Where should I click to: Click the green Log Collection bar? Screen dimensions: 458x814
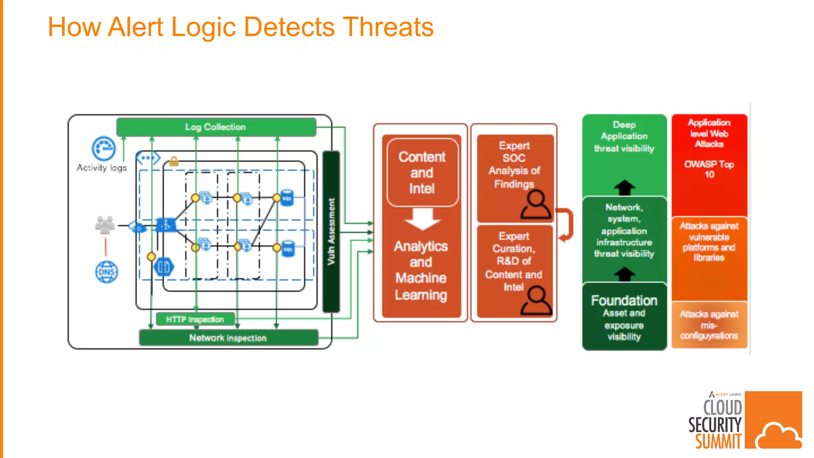(x=216, y=127)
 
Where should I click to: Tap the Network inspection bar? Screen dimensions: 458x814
(x=228, y=338)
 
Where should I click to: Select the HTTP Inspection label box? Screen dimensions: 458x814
(x=195, y=319)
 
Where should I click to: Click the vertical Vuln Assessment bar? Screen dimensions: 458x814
(x=331, y=231)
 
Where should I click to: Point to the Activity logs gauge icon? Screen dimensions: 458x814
(x=104, y=149)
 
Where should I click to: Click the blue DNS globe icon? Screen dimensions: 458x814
(x=107, y=272)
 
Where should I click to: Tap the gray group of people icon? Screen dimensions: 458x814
(x=105, y=225)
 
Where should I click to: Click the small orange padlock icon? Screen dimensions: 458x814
(x=174, y=161)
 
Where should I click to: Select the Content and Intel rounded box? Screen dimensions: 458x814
(x=422, y=173)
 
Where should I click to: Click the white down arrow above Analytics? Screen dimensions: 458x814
(x=423, y=219)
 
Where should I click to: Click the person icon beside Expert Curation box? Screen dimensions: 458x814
(x=536, y=301)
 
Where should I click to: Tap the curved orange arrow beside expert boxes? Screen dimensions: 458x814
(x=566, y=225)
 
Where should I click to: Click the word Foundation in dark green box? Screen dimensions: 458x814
(x=624, y=301)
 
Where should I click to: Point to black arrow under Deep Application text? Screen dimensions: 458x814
(x=624, y=187)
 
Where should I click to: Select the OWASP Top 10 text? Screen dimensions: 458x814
(x=709, y=169)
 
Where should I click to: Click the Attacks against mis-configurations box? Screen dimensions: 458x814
(x=709, y=325)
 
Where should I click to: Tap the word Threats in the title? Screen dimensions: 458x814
(x=388, y=27)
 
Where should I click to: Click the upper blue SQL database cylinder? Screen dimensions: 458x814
(x=287, y=198)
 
